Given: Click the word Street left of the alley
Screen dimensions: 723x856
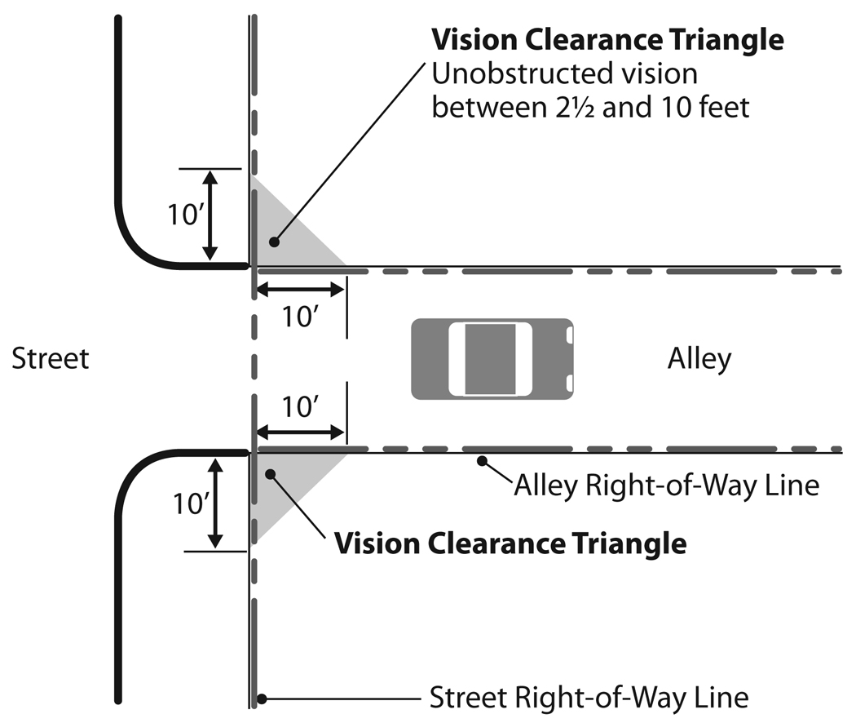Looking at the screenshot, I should point(50,358).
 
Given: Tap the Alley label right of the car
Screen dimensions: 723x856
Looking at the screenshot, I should point(699,358).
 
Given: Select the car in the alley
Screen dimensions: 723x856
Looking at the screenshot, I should point(492,358).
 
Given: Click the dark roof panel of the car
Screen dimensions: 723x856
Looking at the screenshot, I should point(489,358).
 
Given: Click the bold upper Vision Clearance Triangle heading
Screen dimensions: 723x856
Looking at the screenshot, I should point(607,39).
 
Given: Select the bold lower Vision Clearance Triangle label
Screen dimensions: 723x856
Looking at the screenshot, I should point(510,543).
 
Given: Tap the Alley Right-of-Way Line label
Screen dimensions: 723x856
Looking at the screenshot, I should point(665,486).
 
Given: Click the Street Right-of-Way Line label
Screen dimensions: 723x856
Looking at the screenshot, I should point(589,699).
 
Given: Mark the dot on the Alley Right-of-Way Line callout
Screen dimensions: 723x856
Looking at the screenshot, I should point(483,461).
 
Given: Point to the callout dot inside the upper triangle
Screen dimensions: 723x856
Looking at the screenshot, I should point(276,242).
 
